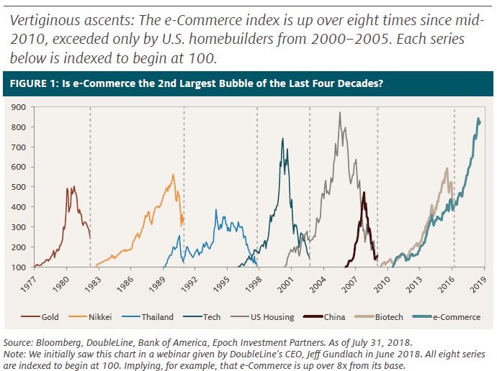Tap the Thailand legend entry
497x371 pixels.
(156, 316)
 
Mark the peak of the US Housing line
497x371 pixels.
(339, 113)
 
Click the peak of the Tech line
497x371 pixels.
(282, 139)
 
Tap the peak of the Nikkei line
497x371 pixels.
(173, 175)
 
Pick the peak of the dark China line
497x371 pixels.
(364, 193)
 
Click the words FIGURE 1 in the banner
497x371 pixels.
(34, 84)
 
